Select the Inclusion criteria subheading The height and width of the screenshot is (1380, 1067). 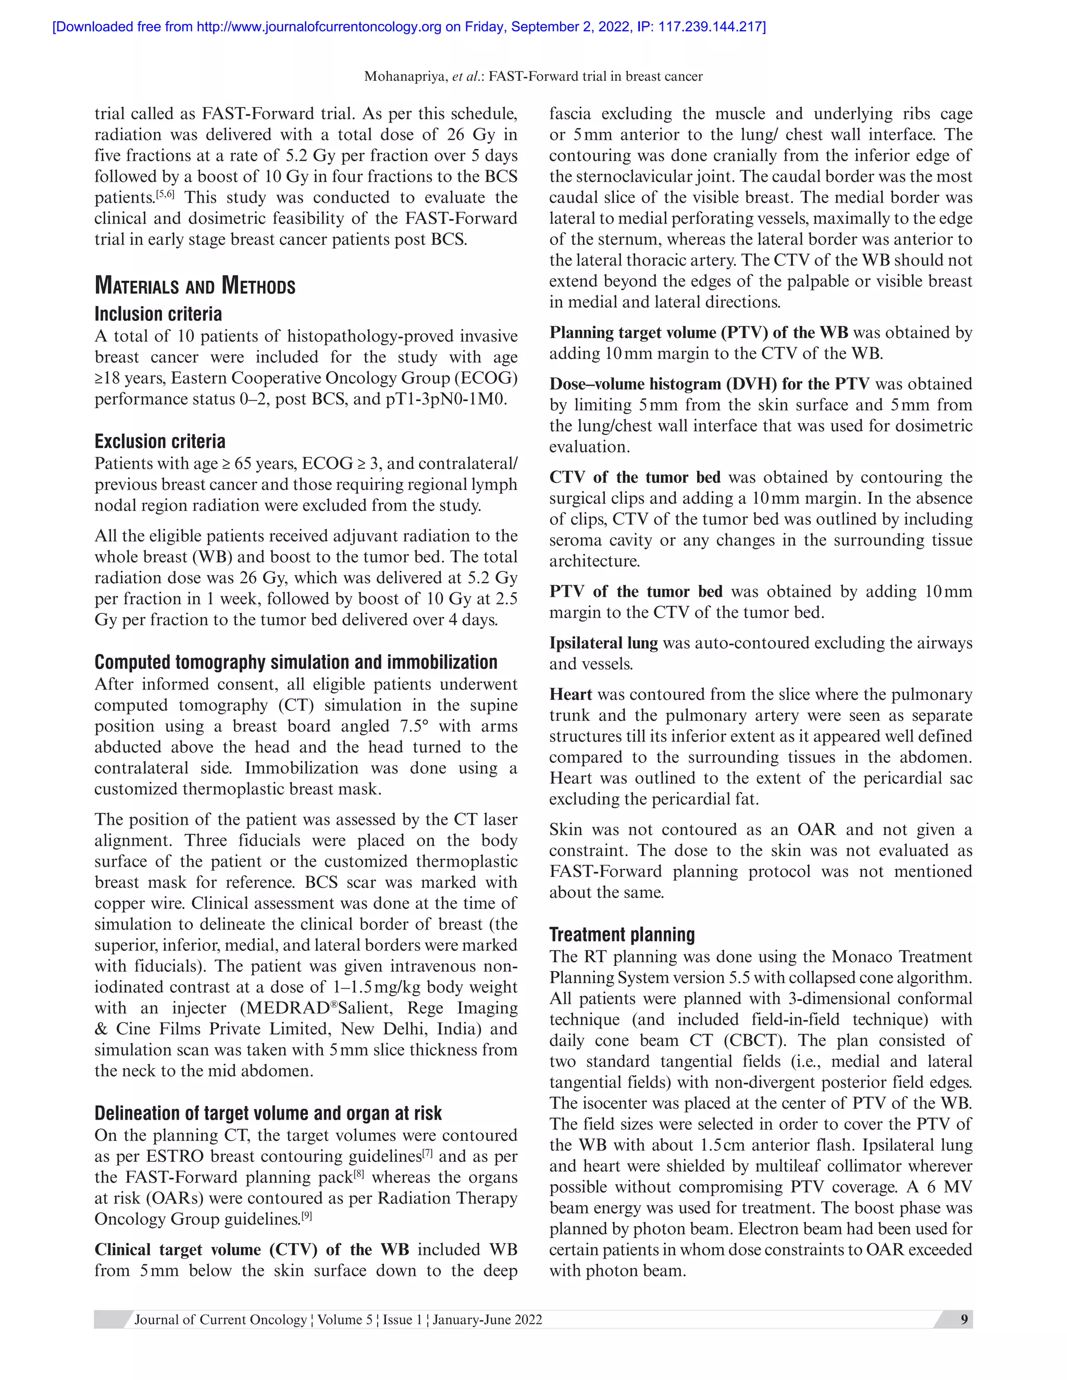pyautogui.click(x=158, y=314)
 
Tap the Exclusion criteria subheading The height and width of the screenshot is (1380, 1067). pyautogui.click(x=160, y=441)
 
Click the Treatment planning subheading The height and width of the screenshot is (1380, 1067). pyautogui.click(x=622, y=935)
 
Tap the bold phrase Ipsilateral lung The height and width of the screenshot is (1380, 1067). pyautogui.click(x=603, y=643)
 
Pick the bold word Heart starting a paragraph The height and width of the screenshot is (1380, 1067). pyautogui.click(x=570, y=694)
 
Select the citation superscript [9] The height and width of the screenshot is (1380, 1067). pyautogui.click(x=306, y=1215)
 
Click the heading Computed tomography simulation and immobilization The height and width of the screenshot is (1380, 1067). pyautogui.click(x=296, y=662)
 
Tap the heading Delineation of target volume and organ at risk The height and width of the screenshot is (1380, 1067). pyautogui.click(x=268, y=1113)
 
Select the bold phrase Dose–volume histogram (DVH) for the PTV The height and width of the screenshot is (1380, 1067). pyautogui.click(x=709, y=384)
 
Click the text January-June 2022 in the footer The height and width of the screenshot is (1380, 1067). pyautogui.click(x=487, y=1320)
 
